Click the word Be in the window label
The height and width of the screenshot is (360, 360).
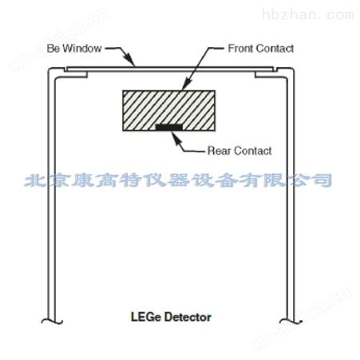click(53, 49)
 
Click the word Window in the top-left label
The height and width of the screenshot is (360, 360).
click(81, 49)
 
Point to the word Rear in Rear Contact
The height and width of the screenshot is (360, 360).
click(219, 151)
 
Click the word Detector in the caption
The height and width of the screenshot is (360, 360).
click(188, 317)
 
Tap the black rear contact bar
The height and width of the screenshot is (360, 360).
click(169, 127)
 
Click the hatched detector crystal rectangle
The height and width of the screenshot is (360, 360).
click(169, 110)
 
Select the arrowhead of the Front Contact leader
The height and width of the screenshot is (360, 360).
click(186, 85)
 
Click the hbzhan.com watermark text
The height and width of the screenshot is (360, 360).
click(308, 14)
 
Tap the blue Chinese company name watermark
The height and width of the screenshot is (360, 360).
click(178, 180)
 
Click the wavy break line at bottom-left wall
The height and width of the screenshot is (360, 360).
click(52, 322)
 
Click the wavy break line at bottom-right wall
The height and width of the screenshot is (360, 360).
click(291, 322)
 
